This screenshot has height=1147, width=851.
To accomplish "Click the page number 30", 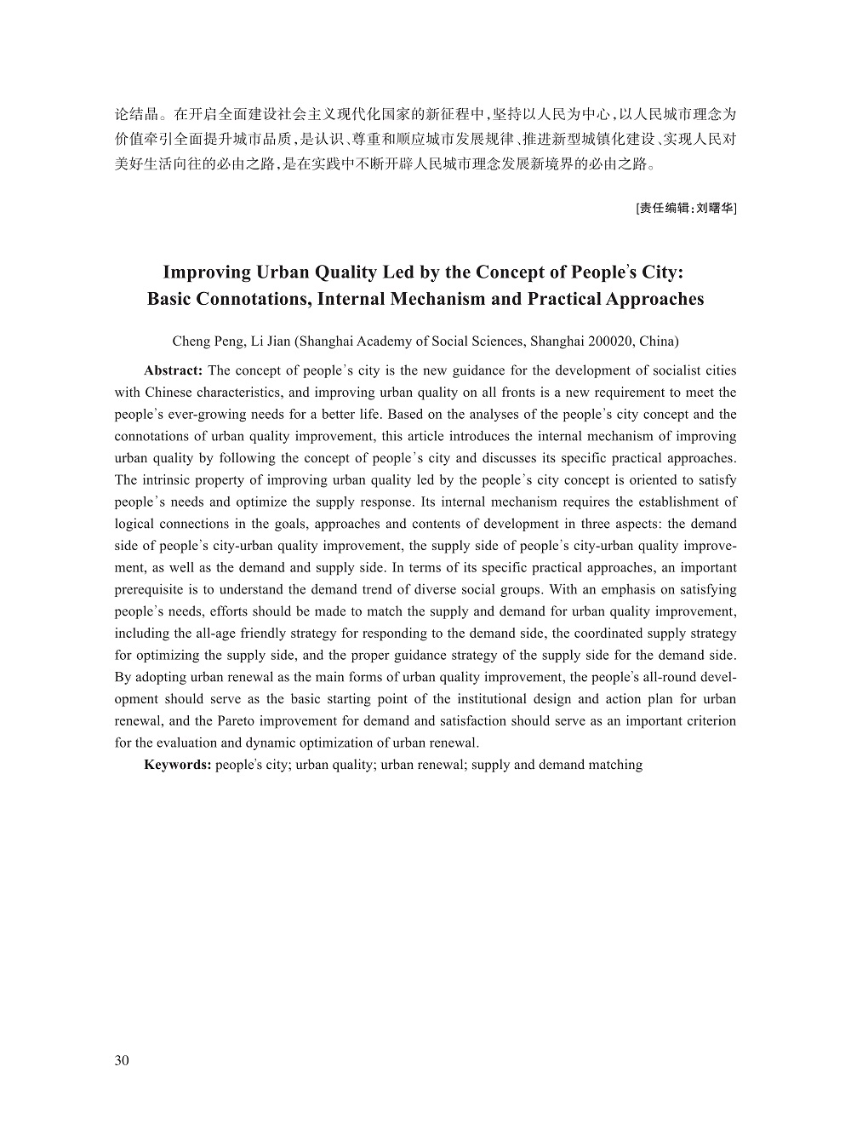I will [x=122, y=1060].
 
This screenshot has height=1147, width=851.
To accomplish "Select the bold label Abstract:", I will [x=173, y=370].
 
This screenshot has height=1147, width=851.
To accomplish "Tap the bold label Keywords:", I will [x=177, y=765].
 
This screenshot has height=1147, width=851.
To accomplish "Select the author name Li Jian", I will [x=271, y=341].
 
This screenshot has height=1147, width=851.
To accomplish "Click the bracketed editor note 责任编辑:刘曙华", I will [x=686, y=207].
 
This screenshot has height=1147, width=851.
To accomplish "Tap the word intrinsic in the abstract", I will [x=170, y=480].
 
